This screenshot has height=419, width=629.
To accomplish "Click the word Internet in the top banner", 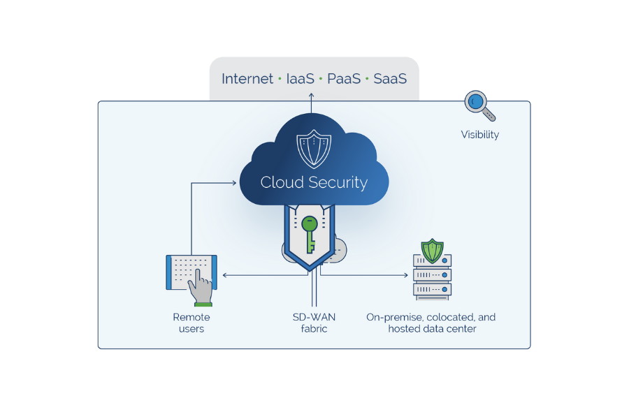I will [247, 79].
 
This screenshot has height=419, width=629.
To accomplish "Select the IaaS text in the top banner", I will [300, 79].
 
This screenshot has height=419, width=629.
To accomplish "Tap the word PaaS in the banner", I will [344, 79].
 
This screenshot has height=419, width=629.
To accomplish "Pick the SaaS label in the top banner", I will [390, 79].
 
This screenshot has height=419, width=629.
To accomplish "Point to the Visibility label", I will [479, 135].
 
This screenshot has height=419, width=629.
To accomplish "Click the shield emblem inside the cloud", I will [314, 147].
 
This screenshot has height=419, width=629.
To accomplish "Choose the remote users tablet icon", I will [191, 273].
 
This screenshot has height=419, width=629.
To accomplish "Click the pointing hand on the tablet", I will [202, 285].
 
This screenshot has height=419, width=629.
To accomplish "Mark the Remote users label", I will [191, 323].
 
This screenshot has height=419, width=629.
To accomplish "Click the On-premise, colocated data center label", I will [431, 323].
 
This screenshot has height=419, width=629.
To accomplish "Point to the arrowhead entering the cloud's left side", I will [233, 184].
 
